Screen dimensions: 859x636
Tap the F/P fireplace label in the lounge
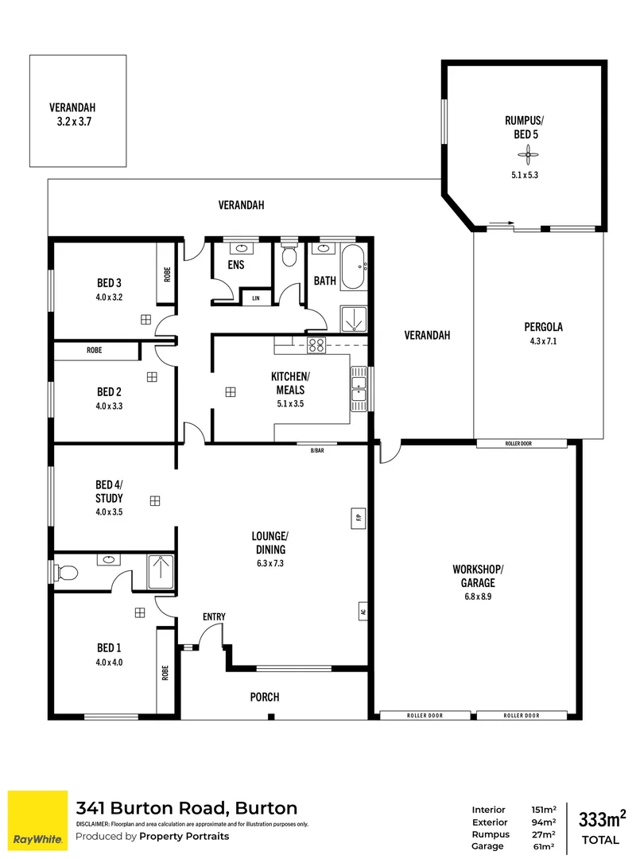point(359,517)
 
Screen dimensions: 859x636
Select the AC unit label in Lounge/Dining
point(362,612)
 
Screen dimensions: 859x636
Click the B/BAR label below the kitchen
point(317,451)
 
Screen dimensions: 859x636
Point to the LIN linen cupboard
point(256,298)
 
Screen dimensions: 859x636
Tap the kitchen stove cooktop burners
point(316,344)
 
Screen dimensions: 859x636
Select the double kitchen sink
point(359,390)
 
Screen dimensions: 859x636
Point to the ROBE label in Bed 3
point(167,274)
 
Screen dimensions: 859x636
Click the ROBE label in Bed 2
point(95,350)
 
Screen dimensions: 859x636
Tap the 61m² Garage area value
point(543,846)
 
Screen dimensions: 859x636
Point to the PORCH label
point(265,697)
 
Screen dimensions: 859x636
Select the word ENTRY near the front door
point(214,616)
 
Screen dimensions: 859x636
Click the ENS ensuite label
point(235,264)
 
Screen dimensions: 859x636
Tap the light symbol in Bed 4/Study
point(154,500)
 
